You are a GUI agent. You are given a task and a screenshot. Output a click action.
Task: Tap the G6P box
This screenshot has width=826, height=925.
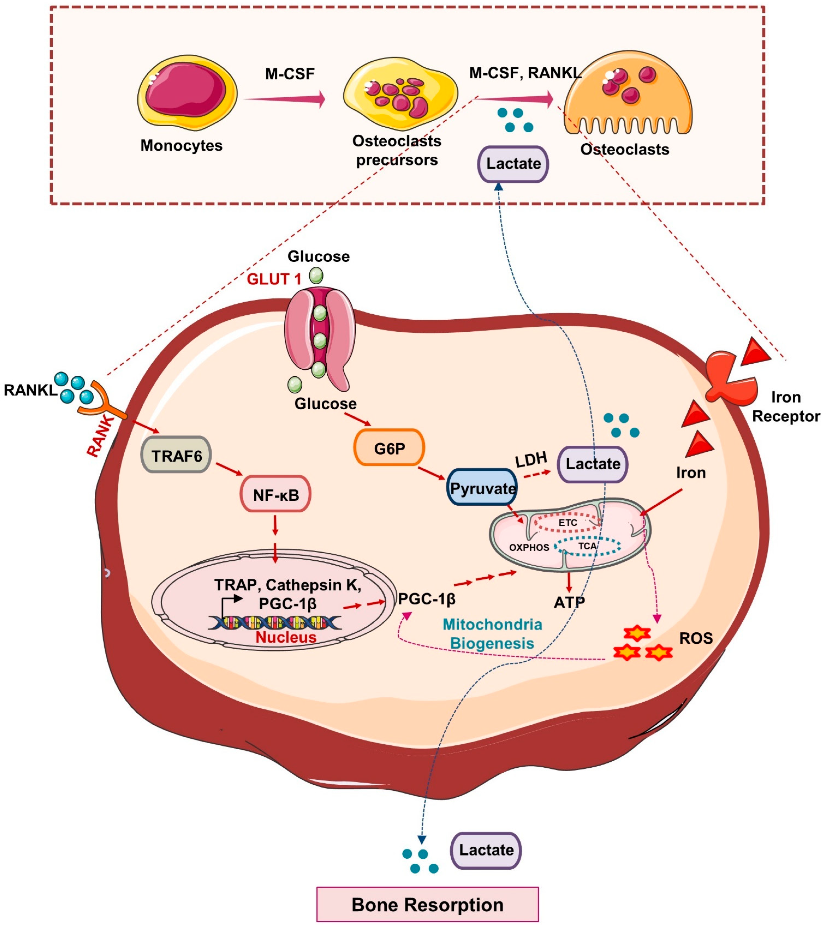[x=389, y=448]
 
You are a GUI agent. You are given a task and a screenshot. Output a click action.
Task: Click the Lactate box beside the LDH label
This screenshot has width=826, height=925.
[x=592, y=464]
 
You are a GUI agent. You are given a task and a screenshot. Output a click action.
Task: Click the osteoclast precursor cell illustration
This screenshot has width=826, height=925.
[x=399, y=93]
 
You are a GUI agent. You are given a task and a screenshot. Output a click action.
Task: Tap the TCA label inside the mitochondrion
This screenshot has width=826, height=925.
[x=587, y=546]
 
